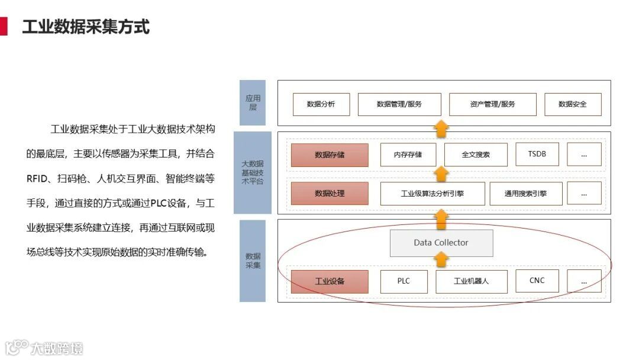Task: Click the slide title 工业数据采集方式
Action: [86, 27]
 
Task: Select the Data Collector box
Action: [441, 243]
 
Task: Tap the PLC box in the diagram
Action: [404, 281]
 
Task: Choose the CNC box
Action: [537, 281]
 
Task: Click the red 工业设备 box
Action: [330, 281]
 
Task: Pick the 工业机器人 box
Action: [471, 281]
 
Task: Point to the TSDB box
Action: [537, 155]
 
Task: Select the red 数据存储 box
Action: [330, 155]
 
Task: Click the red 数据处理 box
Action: [330, 193]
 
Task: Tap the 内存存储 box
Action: [408, 155]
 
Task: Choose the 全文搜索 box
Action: [476, 155]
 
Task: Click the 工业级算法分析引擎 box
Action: [433, 193]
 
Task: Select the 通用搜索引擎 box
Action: [525, 193]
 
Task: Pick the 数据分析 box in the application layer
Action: [321, 104]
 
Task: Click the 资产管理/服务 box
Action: [492, 104]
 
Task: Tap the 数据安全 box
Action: [573, 104]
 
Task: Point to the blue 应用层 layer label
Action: [253, 103]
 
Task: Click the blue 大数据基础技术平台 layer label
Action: [253, 172]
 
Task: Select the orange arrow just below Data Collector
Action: [441, 259]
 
